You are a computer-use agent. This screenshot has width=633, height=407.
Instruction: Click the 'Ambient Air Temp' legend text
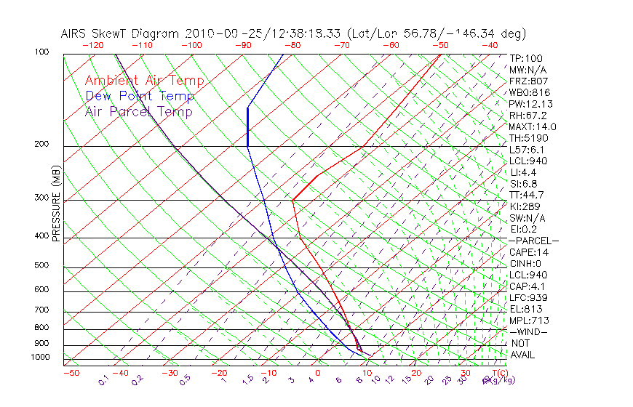(144, 81)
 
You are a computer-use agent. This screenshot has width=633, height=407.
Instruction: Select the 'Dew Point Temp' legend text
(140, 96)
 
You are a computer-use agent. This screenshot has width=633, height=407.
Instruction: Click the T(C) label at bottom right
(498, 373)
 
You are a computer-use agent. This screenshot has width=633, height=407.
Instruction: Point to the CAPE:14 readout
(529, 252)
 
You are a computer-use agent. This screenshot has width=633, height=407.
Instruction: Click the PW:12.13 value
(529, 104)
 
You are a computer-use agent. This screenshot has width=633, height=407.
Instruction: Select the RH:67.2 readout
(527, 116)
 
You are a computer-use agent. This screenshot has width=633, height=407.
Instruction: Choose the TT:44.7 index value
(527, 195)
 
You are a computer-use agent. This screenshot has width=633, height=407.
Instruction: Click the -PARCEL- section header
(533, 241)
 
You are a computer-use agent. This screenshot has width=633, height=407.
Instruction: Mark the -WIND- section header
(529, 331)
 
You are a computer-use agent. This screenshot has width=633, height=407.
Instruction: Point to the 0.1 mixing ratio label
(104, 381)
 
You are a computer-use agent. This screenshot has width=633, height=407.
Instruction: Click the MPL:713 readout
(529, 321)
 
